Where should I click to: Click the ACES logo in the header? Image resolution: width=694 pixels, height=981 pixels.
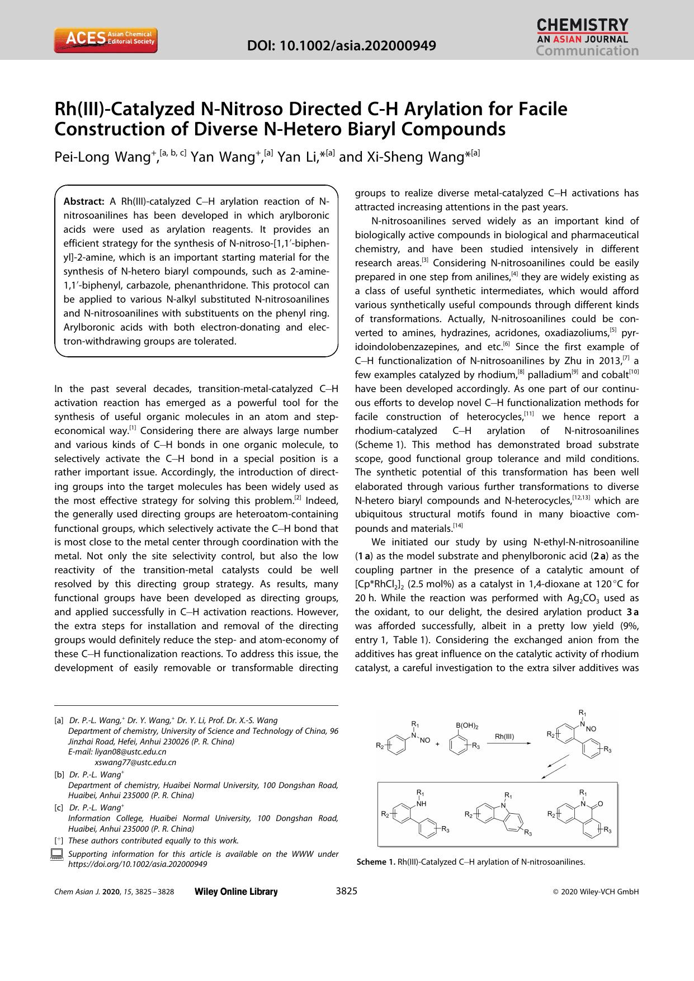coord(106,40)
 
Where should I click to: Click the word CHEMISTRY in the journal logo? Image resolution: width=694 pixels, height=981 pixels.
coord(582,25)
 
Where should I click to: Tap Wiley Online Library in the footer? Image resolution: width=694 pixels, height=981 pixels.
coord(235,892)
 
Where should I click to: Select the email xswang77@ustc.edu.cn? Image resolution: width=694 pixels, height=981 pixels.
coord(135,762)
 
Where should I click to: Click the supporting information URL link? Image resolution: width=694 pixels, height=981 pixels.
coord(138,864)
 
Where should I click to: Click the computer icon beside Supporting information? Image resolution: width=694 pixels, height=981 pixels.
coord(56,855)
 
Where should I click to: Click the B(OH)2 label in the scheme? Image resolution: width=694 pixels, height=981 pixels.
coord(467,725)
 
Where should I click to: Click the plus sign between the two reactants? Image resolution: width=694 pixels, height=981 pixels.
coord(437,744)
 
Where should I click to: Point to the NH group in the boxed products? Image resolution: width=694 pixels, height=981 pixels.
coord(421,803)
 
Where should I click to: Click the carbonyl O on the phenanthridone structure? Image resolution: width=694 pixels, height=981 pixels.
coord(600,804)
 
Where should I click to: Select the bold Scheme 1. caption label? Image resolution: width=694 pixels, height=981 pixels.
coord(376,862)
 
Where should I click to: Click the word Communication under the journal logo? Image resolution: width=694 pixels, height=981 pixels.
coord(587,51)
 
